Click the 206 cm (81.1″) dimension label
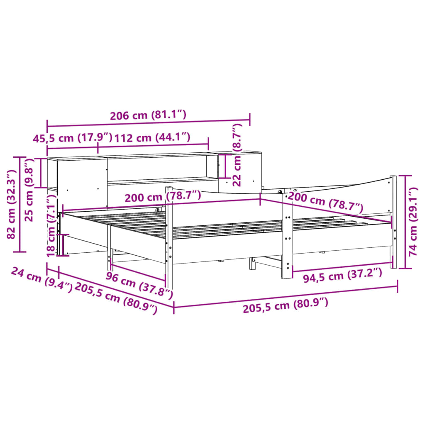[x=148, y=115]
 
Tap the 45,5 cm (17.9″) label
[x=73, y=138]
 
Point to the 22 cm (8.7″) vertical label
[x=237, y=154]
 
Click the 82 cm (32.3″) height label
[x=12, y=203]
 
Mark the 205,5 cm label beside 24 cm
[x=117, y=299]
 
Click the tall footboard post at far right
[x=393, y=222]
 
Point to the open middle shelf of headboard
[x=162, y=168]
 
